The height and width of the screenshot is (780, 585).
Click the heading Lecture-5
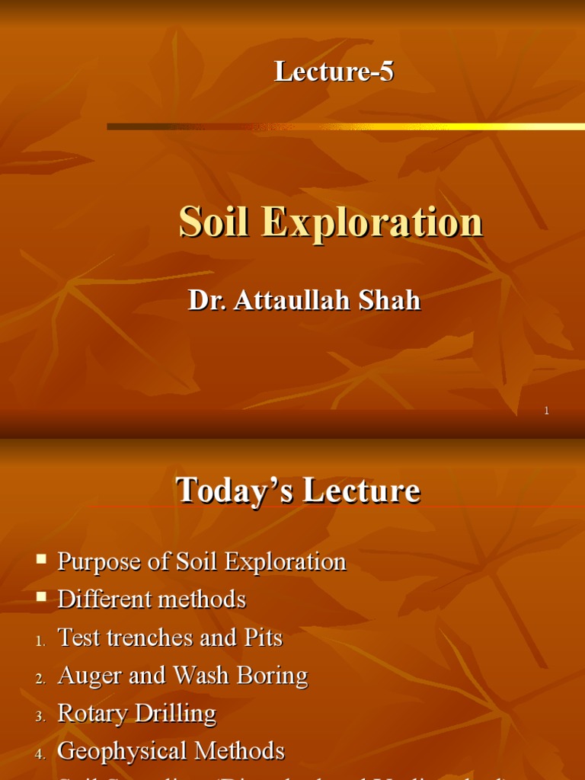pyautogui.click(x=334, y=72)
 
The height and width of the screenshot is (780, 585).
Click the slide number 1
pyautogui.click(x=546, y=411)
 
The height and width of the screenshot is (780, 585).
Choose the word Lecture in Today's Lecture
pyautogui.click(x=361, y=491)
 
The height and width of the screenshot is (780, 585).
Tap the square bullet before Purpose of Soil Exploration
pyautogui.click(x=41, y=560)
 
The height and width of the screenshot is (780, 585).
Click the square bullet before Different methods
pyautogui.click(x=41, y=598)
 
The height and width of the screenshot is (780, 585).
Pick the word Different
pyautogui.click(x=103, y=599)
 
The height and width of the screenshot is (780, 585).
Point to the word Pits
pyautogui.click(x=264, y=638)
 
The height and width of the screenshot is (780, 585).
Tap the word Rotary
pyautogui.click(x=92, y=714)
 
